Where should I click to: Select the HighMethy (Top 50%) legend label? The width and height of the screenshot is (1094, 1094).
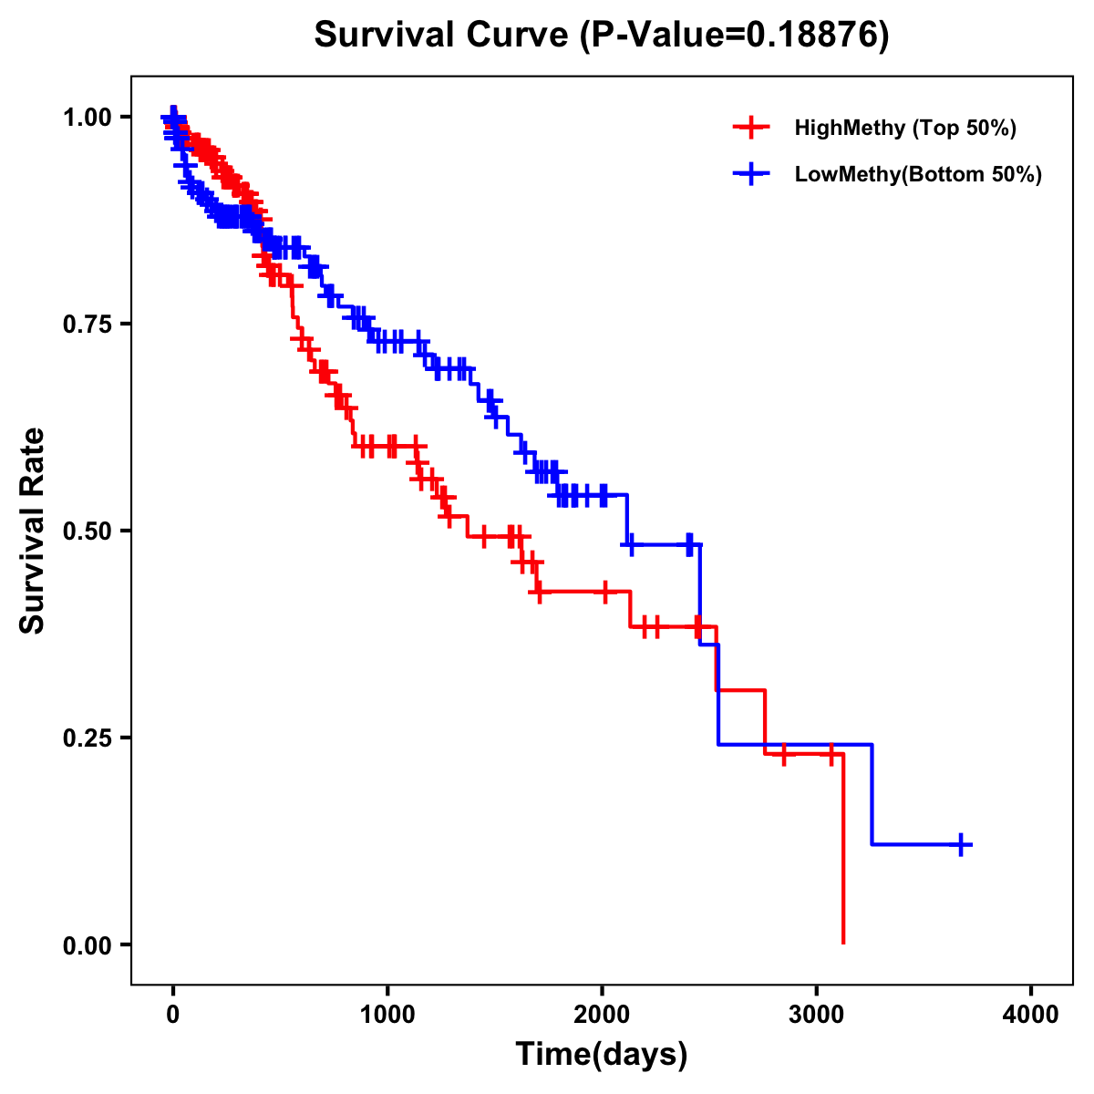click(x=905, y=128)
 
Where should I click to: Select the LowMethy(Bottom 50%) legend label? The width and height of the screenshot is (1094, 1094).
click(x=918, y=174)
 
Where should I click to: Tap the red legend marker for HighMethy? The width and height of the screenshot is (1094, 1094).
click(x=751, y=128)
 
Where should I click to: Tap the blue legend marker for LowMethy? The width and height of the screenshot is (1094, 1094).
click(x=751, y=174)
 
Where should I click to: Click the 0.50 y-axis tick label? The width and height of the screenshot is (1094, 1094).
click(x=86, y=531)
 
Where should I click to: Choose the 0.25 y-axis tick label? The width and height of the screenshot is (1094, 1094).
click(x=86, y=738)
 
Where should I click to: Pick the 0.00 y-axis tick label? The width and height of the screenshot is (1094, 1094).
click(x=86, y=944)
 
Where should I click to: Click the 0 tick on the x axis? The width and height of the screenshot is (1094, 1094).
click(x=173, y=1014)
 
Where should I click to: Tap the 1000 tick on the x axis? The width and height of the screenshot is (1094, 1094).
click(x=387, y=1014)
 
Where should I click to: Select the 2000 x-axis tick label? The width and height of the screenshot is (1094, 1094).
click(x=602, y=1014)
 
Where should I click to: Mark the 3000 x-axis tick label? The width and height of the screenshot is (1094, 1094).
click(x=817, y=1014)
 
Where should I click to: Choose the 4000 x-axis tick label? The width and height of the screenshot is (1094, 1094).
click(x=1031, y=1014)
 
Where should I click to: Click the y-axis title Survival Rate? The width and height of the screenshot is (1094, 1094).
click(x=33, y=531)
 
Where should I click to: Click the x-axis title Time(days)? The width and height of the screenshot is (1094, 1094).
click(x=602, y=1055)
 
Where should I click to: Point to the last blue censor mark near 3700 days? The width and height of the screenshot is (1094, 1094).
click(x=961, y=844)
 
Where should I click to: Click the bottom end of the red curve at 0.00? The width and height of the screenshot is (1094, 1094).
click(x=843, y=942)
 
